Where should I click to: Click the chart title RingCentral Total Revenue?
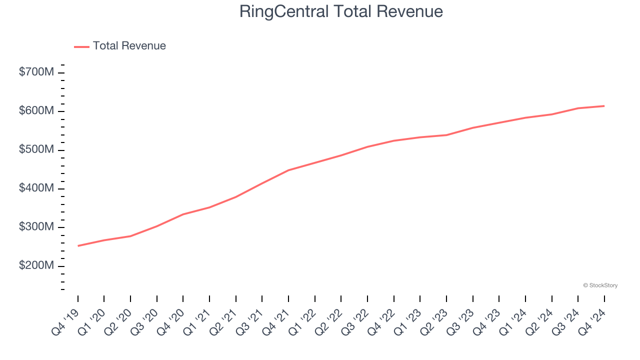(341, 11)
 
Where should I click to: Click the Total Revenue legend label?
(129, 46)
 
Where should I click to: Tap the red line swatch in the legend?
(81, 46)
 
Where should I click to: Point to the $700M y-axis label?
(36, 72)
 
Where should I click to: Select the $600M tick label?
(36, 111)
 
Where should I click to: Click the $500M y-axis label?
(36, 150)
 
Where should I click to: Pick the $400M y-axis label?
(36, 188)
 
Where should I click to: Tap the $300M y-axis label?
(36, 227)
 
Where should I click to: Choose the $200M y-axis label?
(36, 265)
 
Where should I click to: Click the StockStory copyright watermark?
(600, 285)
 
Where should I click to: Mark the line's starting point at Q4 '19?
(78, 246)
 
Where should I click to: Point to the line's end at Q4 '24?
(604, 106)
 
